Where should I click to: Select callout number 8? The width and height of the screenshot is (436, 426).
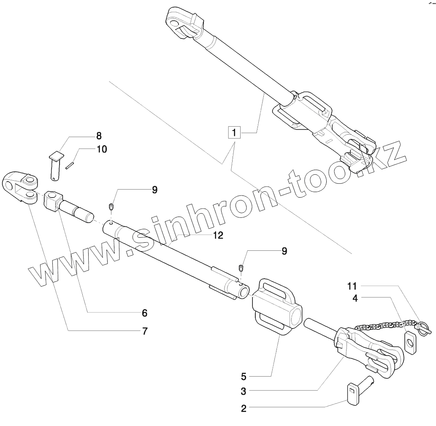98,136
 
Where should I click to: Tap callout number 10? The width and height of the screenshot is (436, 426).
102,149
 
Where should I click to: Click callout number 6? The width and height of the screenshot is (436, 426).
144,313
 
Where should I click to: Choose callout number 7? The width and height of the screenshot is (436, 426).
144,331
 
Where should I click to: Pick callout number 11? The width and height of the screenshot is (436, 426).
352,286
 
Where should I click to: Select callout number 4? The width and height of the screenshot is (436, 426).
355,298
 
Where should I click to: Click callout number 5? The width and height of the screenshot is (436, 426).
244,375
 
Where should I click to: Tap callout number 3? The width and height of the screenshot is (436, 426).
244,391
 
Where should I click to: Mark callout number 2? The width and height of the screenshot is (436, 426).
244,408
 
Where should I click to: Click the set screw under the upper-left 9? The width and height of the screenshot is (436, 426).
111,206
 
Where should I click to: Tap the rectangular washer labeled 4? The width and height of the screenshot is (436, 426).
409,341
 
